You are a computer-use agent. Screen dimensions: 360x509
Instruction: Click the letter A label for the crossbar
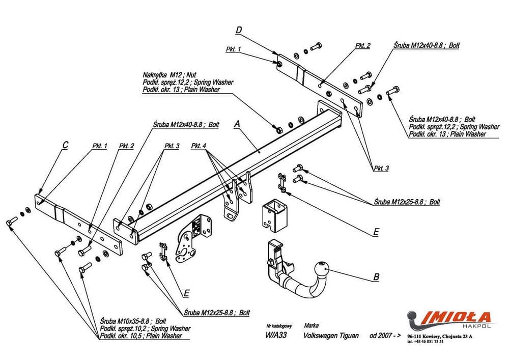coord(237,123)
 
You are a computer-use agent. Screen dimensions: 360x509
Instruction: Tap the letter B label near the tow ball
coord(376,277)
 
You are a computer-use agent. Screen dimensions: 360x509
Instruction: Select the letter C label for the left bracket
coord(65,145)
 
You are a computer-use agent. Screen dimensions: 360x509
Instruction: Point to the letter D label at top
coord(239,31)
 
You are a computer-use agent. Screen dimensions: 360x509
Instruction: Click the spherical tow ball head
coord(322,268)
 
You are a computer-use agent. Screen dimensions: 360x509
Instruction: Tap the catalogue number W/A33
coord(276,336)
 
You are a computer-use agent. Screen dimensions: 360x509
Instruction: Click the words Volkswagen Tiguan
coord(331,336)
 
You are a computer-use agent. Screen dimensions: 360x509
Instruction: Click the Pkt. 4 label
coord(199,147)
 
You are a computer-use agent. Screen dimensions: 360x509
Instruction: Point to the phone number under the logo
coord(426,341)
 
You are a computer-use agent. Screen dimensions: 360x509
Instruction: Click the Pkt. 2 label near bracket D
coord(363,45)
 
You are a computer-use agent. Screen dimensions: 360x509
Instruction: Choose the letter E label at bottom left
coord(187,293)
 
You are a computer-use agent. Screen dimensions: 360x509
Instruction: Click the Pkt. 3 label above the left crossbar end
coord(172,147)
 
